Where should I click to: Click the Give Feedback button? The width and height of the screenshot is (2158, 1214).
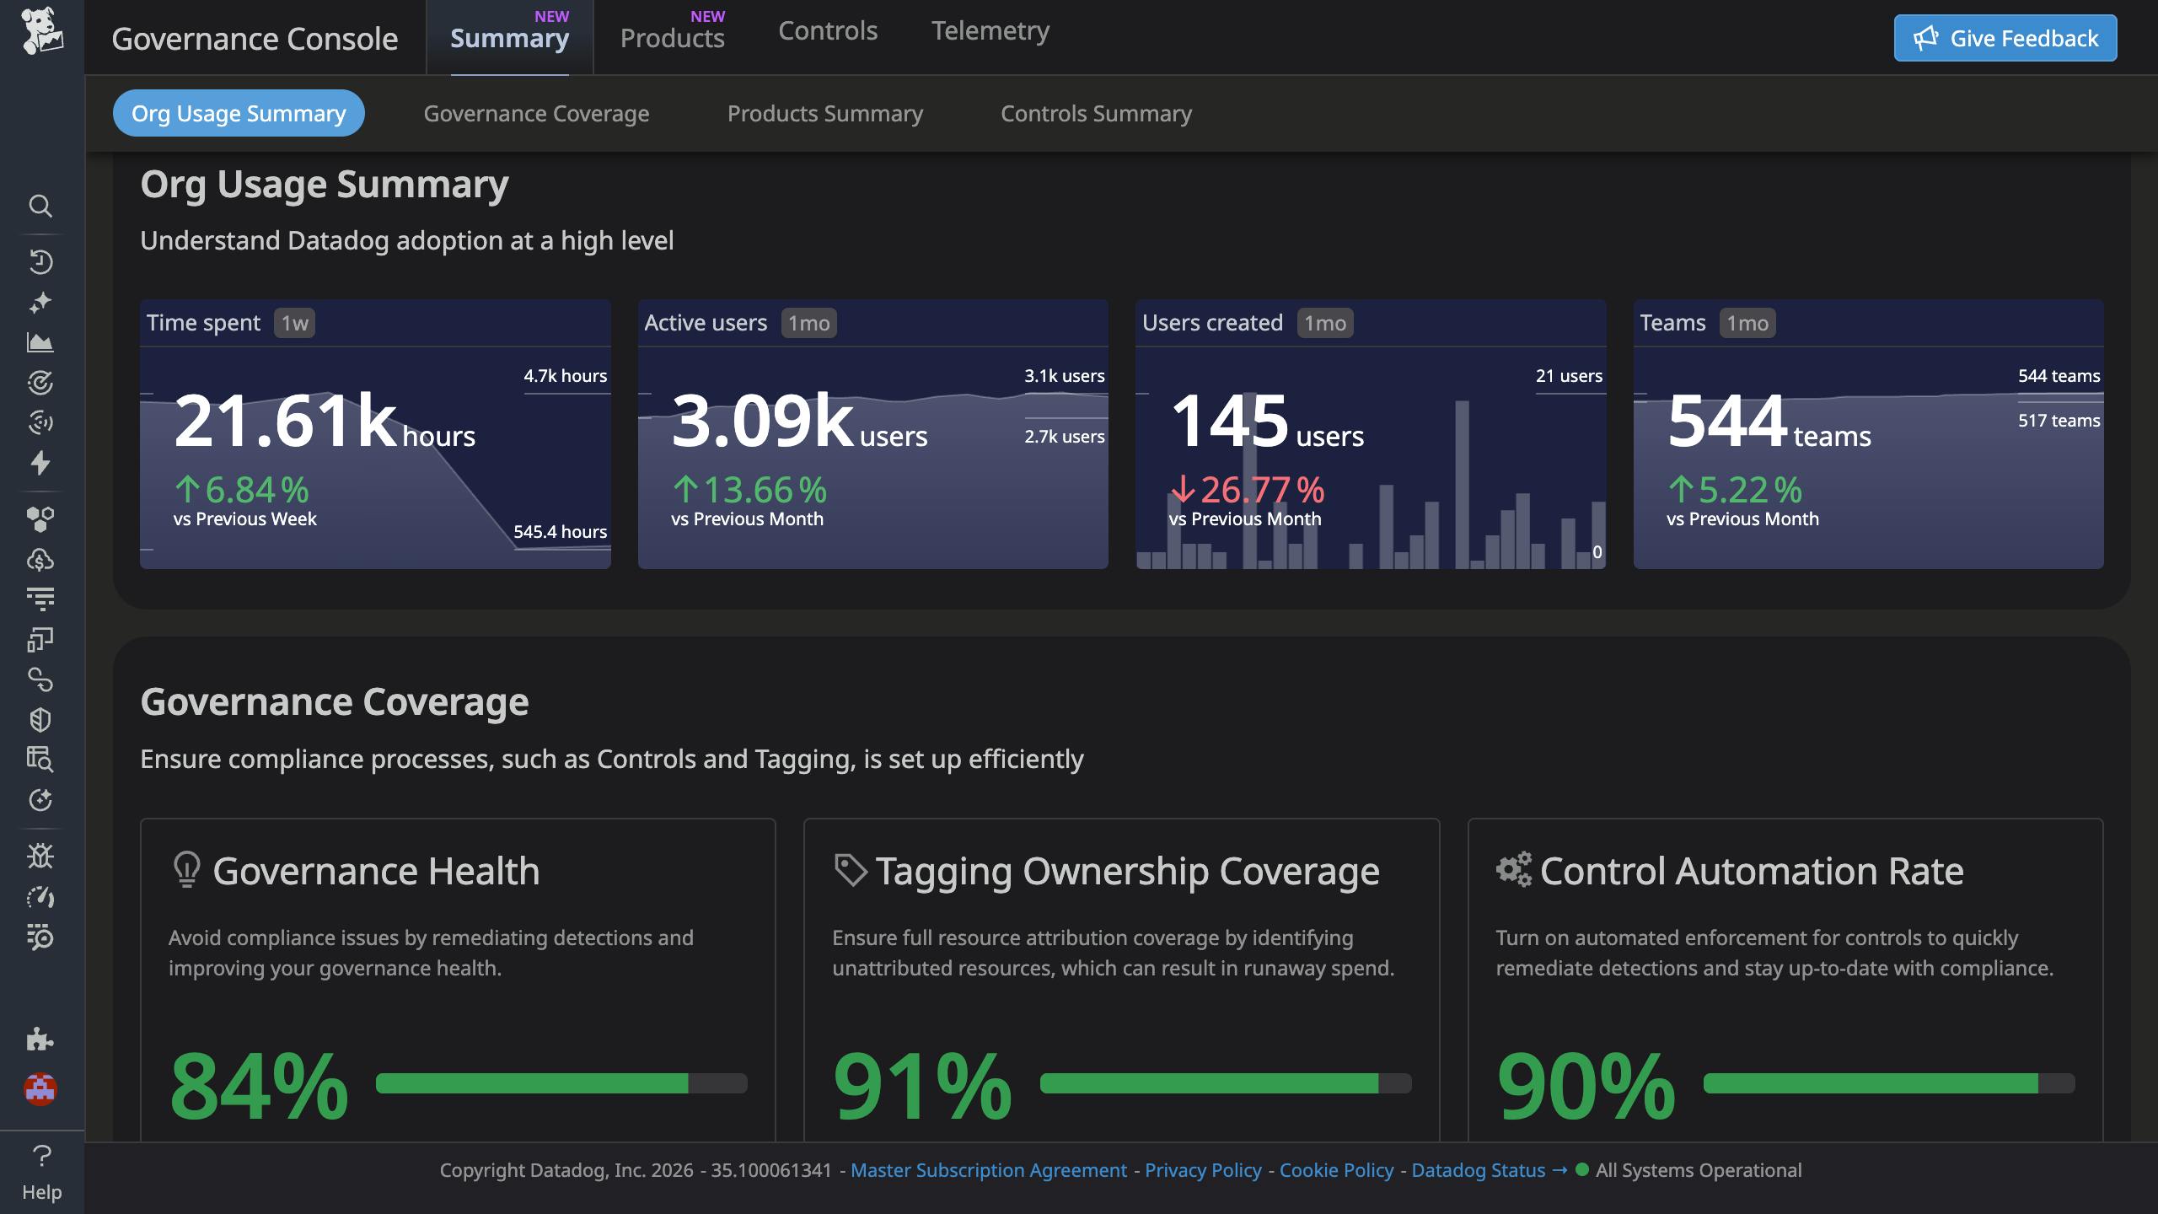point(2005,38)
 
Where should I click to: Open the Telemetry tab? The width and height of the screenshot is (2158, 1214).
point(990,31)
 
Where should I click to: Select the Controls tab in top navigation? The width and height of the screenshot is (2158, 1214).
point(827,31)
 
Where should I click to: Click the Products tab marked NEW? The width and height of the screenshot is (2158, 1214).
point(672,38)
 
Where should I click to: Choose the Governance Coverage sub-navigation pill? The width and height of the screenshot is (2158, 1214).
point(536,113)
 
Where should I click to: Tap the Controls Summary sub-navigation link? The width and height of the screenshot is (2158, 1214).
point(1095,113)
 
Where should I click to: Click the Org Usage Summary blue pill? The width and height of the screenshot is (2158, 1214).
point(239,113)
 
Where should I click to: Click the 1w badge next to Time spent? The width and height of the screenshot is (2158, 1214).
point(294,323)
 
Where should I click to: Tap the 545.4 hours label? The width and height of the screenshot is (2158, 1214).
point(560,532)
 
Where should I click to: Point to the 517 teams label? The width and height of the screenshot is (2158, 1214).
point(2058,421)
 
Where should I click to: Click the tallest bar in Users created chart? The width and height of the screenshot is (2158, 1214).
point(1462,485)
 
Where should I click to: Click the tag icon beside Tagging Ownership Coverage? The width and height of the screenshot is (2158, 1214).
point(850,870)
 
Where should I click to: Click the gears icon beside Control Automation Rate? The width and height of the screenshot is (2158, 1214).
point(1513,870)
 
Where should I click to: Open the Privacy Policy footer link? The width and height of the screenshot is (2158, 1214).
point(1203,1170)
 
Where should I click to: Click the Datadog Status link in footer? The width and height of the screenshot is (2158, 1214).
point(1478,1170)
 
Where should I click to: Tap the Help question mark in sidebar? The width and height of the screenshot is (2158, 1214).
point(41,1156)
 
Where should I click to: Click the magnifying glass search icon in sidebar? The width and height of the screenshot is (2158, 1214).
point(40,206)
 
